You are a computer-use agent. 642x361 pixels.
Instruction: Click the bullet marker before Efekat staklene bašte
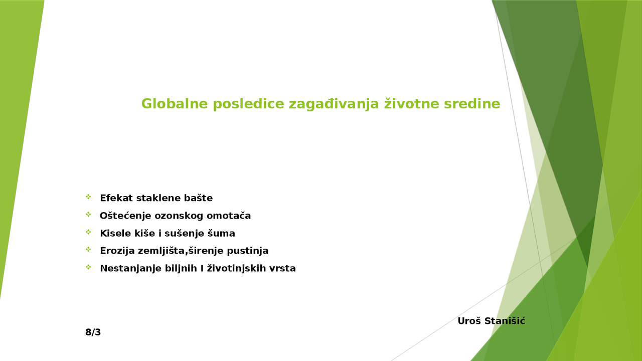88,197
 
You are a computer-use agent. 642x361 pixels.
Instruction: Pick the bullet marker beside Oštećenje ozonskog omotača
88,215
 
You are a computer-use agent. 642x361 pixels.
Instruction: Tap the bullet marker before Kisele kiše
88,232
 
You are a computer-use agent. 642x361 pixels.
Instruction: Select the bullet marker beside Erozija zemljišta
88,249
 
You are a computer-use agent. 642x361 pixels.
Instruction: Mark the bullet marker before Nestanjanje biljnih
88,267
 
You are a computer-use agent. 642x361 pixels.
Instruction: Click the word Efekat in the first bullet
116,198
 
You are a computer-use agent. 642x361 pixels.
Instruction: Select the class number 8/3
93,332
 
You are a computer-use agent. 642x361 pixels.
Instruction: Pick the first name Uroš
469,321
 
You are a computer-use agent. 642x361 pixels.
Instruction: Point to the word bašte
199,198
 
